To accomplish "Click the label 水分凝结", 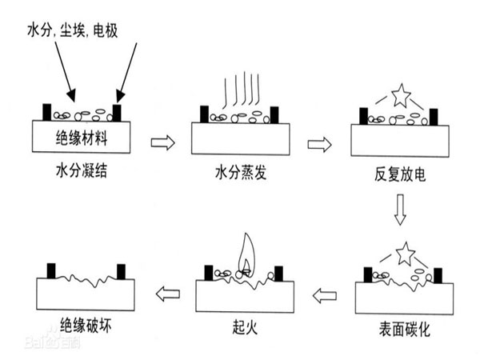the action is coord(82,170).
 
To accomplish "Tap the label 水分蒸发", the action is coord(241,172).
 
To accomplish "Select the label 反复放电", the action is coord(400,174).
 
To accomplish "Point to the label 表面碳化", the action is coord(404,330).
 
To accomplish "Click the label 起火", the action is coord(245,327).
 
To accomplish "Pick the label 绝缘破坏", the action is coord(86,325).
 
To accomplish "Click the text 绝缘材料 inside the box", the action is coord(82,138).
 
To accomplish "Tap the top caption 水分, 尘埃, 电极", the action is coord(72,30).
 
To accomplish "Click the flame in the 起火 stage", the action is coord(246,255).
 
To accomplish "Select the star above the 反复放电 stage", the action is coord(401,95).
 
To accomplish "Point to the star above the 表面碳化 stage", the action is coord(406,254).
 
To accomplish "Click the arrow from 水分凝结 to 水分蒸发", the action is coord(163,142).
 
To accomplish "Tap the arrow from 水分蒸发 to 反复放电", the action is coord(319,145).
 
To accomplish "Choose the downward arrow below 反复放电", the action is coord(400,210).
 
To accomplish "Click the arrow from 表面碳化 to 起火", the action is coord(325,296).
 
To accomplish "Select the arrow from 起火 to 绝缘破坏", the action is coord(168,294).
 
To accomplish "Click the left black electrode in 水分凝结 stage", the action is coord(47,112).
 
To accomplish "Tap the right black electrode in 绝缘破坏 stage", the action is coord(122,272).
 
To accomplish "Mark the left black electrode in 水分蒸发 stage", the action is coord(204,114).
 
